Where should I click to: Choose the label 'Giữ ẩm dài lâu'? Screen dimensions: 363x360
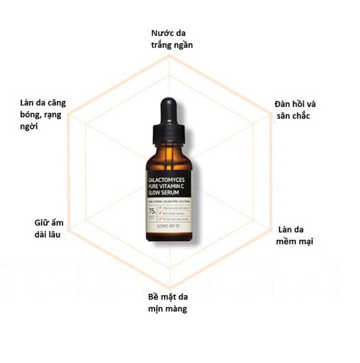[x=46, y=229]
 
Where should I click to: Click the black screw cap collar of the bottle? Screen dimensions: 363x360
[x=170, y=137]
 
